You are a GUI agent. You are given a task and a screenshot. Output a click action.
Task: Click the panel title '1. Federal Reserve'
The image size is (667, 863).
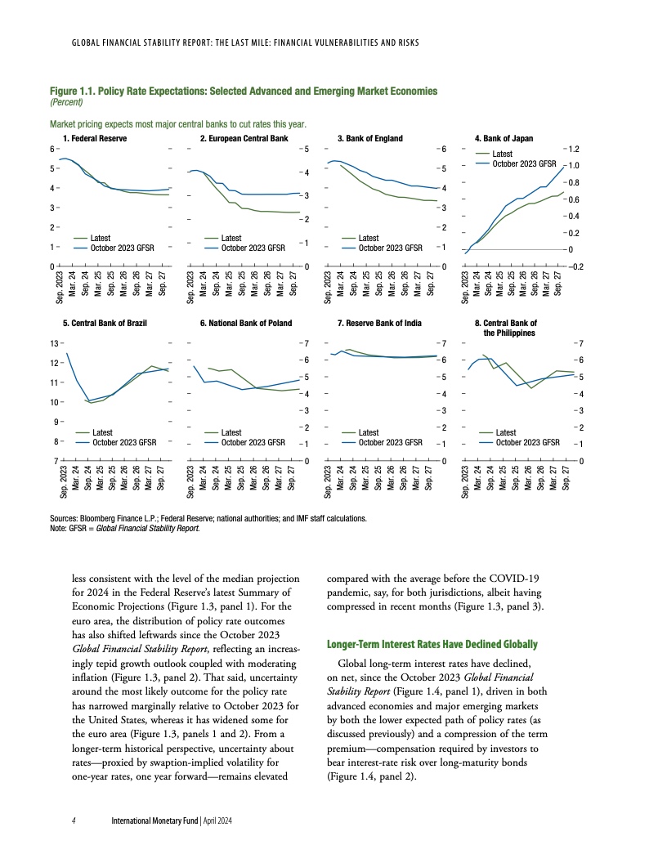[x=96, y=139]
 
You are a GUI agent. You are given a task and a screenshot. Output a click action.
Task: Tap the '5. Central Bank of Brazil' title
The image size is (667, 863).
[x=105, y=324]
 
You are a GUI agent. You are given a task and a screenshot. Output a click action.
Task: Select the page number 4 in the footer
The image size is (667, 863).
[x=74, y=820]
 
